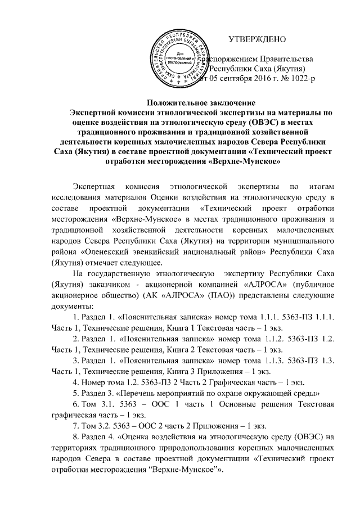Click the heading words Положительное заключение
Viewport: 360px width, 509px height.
click(x=200, y=102)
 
